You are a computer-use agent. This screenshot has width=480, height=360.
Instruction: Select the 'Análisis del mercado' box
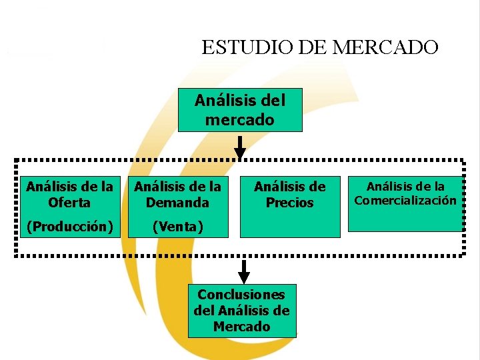coord(240,110)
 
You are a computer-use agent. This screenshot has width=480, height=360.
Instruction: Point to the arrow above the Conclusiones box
coord(245,271)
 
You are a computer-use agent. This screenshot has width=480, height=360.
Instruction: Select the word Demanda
coord(177,202)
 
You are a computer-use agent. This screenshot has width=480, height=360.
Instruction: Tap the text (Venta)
coord(177,227)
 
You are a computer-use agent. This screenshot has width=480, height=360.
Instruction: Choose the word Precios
coord(289,203)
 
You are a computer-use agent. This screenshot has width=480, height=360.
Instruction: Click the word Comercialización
coord(405,201)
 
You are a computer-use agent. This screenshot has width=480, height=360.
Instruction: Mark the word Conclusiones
coord(241,295)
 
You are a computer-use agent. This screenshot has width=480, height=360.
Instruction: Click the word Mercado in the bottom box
coord(241,327)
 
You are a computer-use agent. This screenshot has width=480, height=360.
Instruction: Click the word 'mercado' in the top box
coord(240,120)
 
